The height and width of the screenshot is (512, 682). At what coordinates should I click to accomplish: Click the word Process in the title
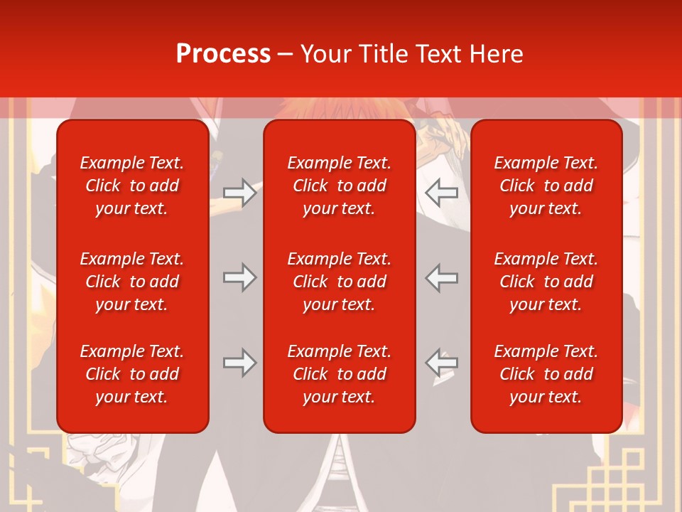[x=223, y=54]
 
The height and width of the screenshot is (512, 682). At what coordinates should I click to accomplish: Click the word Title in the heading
[x=381, y=54]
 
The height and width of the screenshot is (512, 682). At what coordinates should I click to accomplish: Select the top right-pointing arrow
[x=239, y=193]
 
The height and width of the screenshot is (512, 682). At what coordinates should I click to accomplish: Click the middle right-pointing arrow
[x=239, y=277]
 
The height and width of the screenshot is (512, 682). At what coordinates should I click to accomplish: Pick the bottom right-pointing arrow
[x=239, y=363]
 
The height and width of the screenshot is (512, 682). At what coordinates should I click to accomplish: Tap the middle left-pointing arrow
[x=442, y=277]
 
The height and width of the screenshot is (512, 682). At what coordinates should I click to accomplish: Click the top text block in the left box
[x=132, y=186]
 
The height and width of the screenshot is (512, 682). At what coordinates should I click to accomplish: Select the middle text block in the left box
[x=132, y=282]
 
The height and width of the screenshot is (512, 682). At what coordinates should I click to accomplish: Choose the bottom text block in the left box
[x=132, y=374]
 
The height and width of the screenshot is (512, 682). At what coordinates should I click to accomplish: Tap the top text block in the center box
[x=340, y=186]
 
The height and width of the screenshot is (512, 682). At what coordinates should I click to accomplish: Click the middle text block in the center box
[x=340, y=282]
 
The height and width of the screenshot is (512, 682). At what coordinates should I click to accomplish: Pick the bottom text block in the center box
[x=340, y=374]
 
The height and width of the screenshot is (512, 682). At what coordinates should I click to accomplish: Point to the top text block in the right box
[x=546, y=186]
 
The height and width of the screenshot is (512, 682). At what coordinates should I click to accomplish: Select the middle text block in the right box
[x=546, y=282]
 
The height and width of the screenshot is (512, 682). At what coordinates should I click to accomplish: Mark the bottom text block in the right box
[x=546, y=374]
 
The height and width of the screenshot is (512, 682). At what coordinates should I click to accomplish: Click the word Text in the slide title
[x=438, y=54]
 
